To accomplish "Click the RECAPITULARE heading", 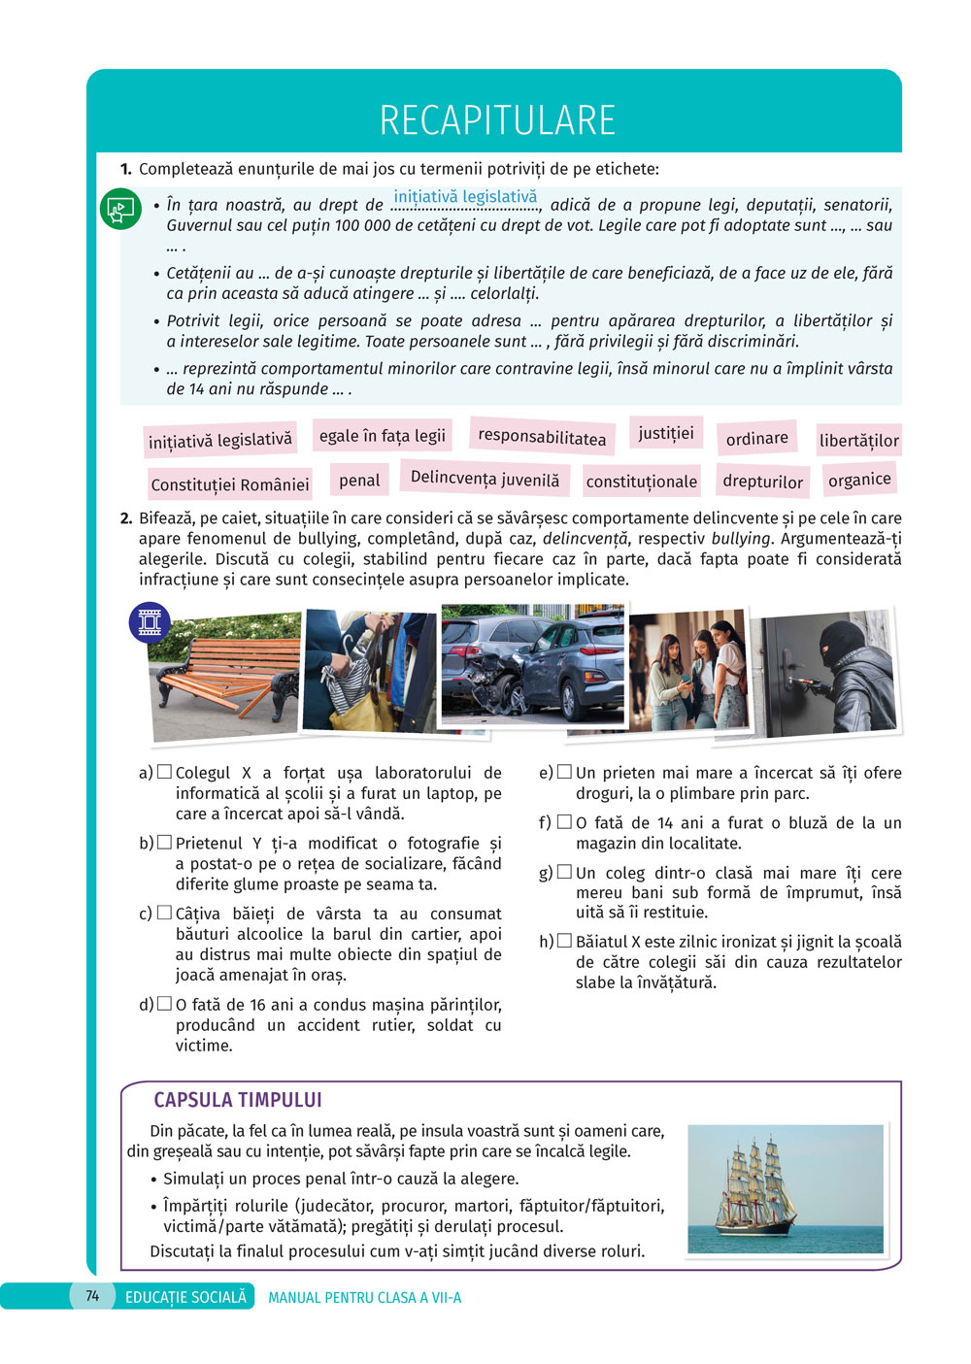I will coord(497,120).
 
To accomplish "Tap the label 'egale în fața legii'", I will coord(383,436).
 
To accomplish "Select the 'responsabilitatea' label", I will coord(542,438).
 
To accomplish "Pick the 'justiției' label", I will coord(666,433).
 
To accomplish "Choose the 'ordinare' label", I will coord(756,438).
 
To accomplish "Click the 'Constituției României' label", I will coord(229,484).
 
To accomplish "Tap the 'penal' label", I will coord(359,480).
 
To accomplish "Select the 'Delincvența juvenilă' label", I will coord(485,479).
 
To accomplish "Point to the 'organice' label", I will coord(859,479).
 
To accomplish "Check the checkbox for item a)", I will coord(165,772).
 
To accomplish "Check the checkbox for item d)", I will coord(165,1004).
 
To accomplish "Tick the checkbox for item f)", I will coord(564,822).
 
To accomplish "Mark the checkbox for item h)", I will coord(564,941).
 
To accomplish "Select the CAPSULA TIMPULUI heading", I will coord(238,1100).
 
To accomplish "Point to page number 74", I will coord(92,1296).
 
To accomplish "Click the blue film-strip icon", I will coord(150,622).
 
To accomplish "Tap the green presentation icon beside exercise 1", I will coord(120,210).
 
